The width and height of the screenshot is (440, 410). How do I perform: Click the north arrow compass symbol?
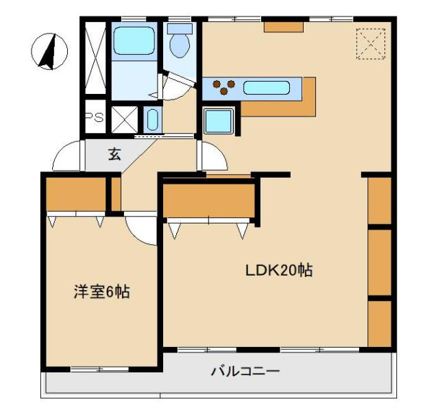(49, 51)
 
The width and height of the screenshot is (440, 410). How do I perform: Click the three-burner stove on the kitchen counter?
(224, 87)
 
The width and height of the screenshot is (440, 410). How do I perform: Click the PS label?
(94, 118)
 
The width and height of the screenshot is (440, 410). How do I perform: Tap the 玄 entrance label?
(114, 154)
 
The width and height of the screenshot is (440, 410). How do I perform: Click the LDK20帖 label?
(279, 270)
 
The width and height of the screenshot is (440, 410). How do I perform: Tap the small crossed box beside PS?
(124, 118)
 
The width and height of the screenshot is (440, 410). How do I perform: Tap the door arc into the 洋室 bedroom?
(143, 230)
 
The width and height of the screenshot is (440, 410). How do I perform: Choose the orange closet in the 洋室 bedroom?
(75, 194)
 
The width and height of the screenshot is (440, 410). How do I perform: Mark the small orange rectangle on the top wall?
(279, 27)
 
